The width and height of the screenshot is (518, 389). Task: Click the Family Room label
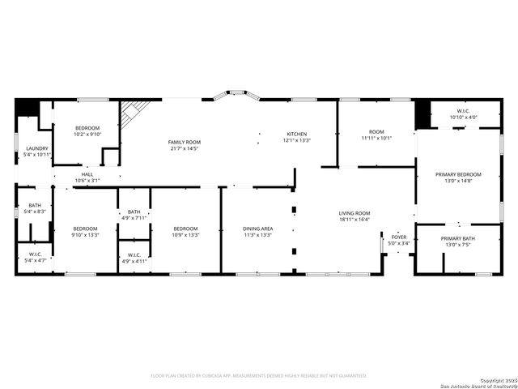[x=185, y=142]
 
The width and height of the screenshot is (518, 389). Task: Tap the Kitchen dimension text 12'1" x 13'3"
[x=297, y=140]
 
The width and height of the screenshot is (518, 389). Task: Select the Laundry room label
[x=37, y=148]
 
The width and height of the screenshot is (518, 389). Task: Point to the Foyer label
[x=400, y=237]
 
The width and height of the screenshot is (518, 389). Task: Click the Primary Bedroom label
[x=458, y=174]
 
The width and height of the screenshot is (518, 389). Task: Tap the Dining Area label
[x=258, y=229]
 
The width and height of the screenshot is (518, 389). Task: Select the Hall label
[x=87, y=173]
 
